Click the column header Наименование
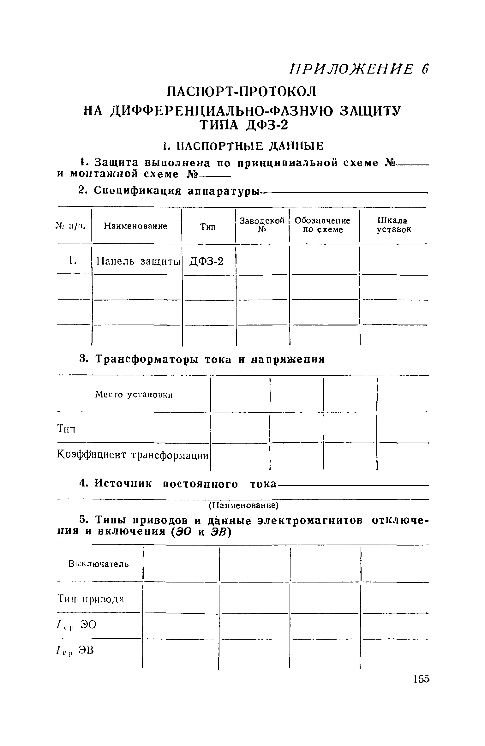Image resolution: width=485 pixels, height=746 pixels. (x=135, y=226)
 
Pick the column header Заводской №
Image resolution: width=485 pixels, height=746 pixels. (x=262, y=225)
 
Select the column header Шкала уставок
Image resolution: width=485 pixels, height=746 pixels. (x=393, y=225)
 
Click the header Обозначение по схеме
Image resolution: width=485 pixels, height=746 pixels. (x=323, y=225)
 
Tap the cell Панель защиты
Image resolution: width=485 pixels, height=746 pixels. (x=138, y=261)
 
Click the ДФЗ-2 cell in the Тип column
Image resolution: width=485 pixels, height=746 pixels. (x=206, y=261)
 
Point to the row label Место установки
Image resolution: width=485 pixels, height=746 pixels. (x=134, y=395)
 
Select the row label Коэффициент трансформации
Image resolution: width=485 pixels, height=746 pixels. (x=133, y=455)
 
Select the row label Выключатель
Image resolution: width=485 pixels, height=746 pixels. (x=99, y=564)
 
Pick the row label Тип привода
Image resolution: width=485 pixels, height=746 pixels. (x=91, y=599)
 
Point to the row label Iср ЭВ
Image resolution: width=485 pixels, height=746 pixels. (x=75, y=650)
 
